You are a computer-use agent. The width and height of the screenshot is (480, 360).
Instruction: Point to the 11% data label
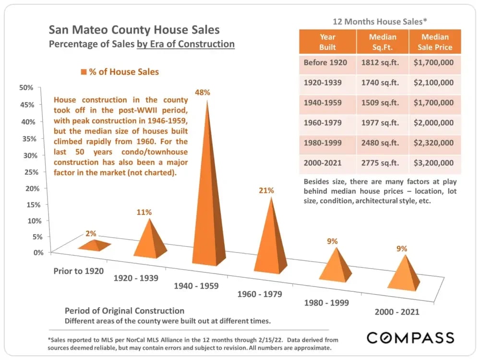[x=144, y=212]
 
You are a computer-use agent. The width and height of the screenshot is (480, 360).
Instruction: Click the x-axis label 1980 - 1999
[x=326, y=303]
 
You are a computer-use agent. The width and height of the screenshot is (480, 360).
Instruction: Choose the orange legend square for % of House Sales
[x=84, y=72]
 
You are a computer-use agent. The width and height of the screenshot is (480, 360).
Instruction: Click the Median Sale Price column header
[x=434, y=42]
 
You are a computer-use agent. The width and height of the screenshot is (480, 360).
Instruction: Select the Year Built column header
[x=327, y=42]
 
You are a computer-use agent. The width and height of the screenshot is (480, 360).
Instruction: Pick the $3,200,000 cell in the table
[x=433, y=163]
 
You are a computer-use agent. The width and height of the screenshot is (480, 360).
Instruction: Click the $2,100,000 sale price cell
[x=433, y=83]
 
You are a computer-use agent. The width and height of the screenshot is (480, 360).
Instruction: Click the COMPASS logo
[x=410, y=337]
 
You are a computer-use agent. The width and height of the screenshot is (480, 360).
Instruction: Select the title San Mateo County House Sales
[x=134, y=30]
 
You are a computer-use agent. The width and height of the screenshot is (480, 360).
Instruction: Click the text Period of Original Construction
[x=124, y=310]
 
